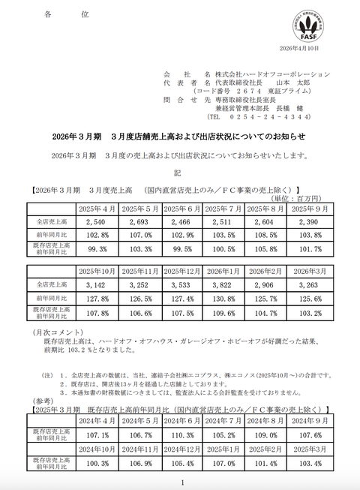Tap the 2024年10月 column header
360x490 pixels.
coord(98,448)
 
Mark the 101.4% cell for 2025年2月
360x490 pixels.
coord(265,462)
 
